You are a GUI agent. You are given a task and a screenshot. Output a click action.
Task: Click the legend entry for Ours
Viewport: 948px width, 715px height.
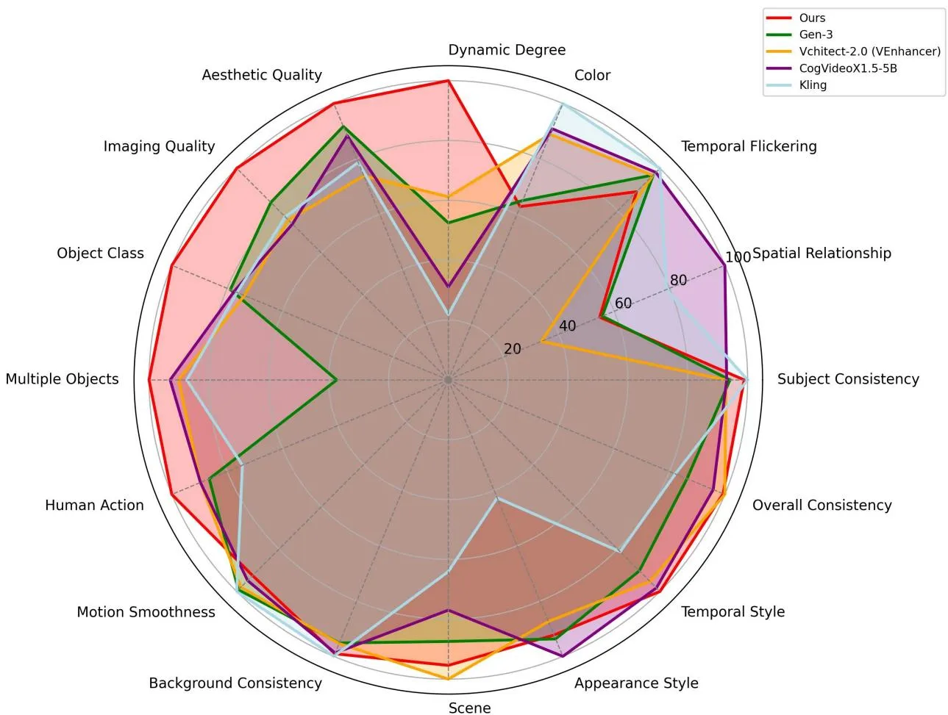pos(812,18)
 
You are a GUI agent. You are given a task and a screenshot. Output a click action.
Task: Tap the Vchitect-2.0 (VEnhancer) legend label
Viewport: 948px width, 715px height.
pos(870,51)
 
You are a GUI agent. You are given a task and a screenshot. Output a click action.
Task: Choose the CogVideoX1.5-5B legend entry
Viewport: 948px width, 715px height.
pos(848,68)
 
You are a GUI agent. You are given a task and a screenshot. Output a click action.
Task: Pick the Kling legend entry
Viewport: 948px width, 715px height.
pos(813,85)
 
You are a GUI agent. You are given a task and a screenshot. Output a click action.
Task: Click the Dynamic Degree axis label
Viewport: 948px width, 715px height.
pos(507,50)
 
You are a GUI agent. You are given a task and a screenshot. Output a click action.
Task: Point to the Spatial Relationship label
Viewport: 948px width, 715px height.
pos(822,254)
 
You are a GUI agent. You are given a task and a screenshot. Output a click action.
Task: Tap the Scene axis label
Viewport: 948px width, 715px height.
pos(469,708)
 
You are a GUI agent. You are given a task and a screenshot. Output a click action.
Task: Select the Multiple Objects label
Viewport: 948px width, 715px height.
pos(63,379)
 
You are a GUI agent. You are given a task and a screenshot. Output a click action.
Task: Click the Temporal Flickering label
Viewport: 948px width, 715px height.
pos(749,147)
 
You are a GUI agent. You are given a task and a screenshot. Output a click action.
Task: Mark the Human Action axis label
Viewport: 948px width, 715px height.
pos(94,505)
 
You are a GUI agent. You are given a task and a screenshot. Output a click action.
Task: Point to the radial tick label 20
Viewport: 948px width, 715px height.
pos(512,348)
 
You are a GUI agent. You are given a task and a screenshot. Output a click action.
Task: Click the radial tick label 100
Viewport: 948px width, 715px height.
pos(738,257)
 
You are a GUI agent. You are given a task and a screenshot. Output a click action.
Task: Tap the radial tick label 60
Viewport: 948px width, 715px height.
pos(623,303)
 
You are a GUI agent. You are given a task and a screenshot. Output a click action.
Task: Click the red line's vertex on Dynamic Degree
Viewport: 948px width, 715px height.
pos(449,81)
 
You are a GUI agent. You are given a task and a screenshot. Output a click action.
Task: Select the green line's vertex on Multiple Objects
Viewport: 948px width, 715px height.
pos(336,380)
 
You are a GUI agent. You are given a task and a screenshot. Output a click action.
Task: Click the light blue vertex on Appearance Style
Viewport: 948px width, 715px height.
pos(497,499)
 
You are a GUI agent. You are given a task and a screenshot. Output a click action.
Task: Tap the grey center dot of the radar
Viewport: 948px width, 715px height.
pos(449,380)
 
